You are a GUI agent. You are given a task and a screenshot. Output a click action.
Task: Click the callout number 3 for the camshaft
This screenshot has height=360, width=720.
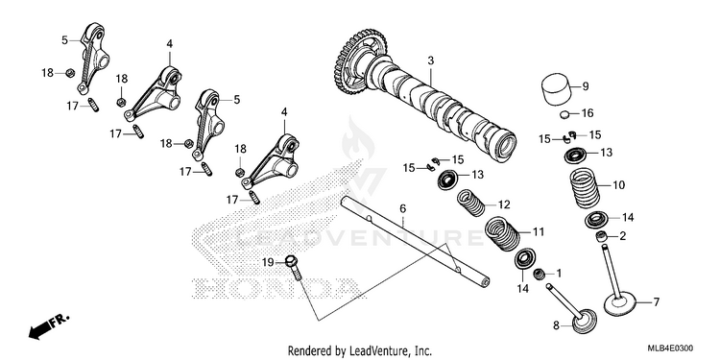click(430, 60)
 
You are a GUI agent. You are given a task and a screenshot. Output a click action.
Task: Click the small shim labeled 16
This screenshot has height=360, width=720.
click(566, 114)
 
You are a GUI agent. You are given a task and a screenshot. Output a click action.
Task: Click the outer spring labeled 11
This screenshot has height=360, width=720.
click(502, 233)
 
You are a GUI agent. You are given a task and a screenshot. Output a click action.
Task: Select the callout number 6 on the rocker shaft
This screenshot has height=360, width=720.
click(402, 209)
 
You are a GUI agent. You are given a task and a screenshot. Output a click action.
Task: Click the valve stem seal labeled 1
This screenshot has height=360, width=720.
click(540, 275)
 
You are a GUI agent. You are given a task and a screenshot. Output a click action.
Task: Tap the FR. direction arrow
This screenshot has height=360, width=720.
click(49, 325)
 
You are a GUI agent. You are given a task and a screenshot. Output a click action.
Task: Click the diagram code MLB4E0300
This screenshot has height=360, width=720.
click(670, 348)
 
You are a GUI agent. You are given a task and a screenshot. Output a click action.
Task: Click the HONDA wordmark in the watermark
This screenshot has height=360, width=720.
click(276, 287)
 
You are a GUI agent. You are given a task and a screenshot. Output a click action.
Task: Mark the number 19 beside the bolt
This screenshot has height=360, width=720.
click(268, 263)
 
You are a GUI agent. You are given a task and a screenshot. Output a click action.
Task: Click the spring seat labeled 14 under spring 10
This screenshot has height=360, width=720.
click(597, 219)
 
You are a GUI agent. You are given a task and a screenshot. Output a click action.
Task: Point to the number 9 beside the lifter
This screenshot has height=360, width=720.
click(586, 85)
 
